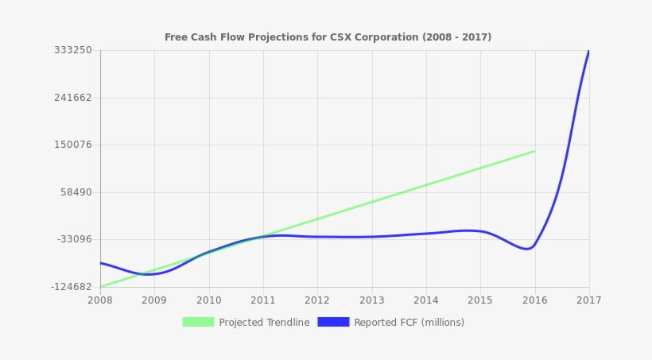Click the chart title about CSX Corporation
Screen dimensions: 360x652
(328, 37)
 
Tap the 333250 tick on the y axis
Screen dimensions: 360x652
(73, 50)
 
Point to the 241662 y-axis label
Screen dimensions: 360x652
(73, 98)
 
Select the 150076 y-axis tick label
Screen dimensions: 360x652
(73, 145)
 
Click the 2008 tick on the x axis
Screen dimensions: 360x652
(100, 300)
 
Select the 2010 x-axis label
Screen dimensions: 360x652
(208, 300)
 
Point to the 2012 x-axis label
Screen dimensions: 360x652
(317, 300)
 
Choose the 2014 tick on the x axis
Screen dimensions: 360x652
(426, 300)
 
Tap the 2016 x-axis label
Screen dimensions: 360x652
(534, 300)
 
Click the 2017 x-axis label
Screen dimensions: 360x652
(588, 300)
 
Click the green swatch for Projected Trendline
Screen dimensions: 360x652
(198, 322)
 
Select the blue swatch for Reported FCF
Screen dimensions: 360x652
(333, 322)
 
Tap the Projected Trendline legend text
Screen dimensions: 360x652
(264, 323)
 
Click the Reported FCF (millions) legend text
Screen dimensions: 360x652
(409, 323)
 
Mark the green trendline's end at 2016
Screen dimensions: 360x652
(534, 151)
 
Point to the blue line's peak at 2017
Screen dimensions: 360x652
(588, 52)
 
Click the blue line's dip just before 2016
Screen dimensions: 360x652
(527, 249)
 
